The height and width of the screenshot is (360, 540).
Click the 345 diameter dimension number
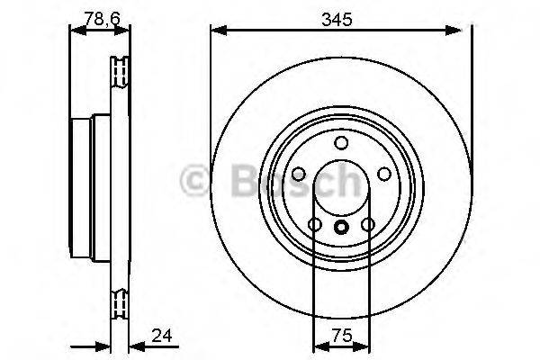340,16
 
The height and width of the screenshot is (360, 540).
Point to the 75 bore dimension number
340,336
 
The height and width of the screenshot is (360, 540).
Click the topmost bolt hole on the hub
340,143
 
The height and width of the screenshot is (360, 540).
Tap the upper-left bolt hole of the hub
298,174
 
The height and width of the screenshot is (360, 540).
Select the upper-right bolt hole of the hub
383,174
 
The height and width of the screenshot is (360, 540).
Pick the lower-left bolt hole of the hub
314,224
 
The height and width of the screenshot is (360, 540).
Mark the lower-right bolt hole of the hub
367,224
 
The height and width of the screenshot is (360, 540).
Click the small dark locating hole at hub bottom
340,227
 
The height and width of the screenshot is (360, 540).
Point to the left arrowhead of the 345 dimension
216,31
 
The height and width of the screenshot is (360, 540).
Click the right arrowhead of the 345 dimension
465,31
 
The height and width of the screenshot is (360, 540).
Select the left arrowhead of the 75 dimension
318,346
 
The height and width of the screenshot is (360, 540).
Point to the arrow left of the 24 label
101,346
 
